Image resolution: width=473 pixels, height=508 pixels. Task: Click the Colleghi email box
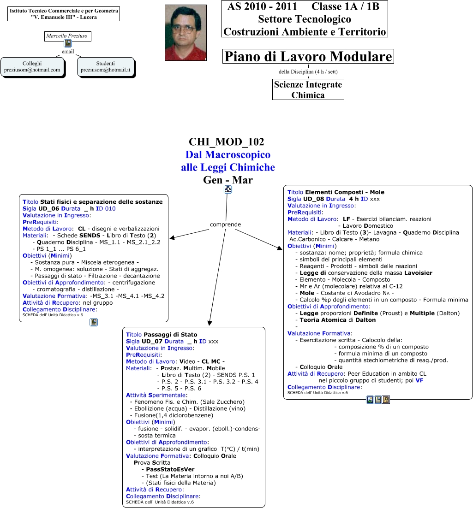(32, 66)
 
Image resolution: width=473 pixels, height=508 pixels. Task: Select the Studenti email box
(106, 66)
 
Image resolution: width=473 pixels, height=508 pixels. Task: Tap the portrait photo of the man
(186, 33)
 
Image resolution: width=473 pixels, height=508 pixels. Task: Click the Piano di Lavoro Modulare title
(308, 57)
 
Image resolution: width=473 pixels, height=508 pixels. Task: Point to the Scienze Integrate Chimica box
(308, 89)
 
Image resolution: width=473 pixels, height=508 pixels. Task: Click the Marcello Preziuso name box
(67, 35)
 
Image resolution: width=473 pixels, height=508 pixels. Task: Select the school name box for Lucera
(64, 14)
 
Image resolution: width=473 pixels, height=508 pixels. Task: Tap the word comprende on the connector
(225, 224)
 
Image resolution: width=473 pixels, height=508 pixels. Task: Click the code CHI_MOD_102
(227, 142)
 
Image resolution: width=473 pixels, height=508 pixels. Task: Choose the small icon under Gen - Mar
(228, 189)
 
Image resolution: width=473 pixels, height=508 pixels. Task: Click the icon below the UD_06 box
(94, 322)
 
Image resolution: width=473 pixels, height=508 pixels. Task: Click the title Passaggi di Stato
(170, 335)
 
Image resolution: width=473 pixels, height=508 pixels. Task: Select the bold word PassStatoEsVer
(170, 469)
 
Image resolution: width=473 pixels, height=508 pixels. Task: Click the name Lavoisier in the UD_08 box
(418, 273)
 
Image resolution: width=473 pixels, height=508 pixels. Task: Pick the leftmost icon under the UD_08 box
(370, 400)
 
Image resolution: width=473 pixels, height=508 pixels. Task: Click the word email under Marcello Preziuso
(68, 52)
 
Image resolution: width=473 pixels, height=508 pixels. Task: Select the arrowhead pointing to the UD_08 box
(280, 249)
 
